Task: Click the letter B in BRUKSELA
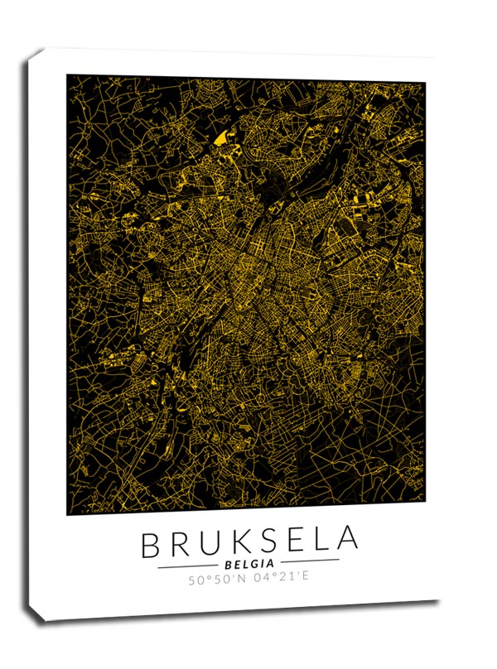(x=152, y=545)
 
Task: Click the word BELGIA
(x=248, y=563)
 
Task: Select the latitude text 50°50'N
(x=218, y=577)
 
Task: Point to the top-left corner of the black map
(x=67, y=75)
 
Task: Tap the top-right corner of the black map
(x=425, y=83)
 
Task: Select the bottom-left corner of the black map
(x=67, y=514)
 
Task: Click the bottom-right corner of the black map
(x=425, y=501)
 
